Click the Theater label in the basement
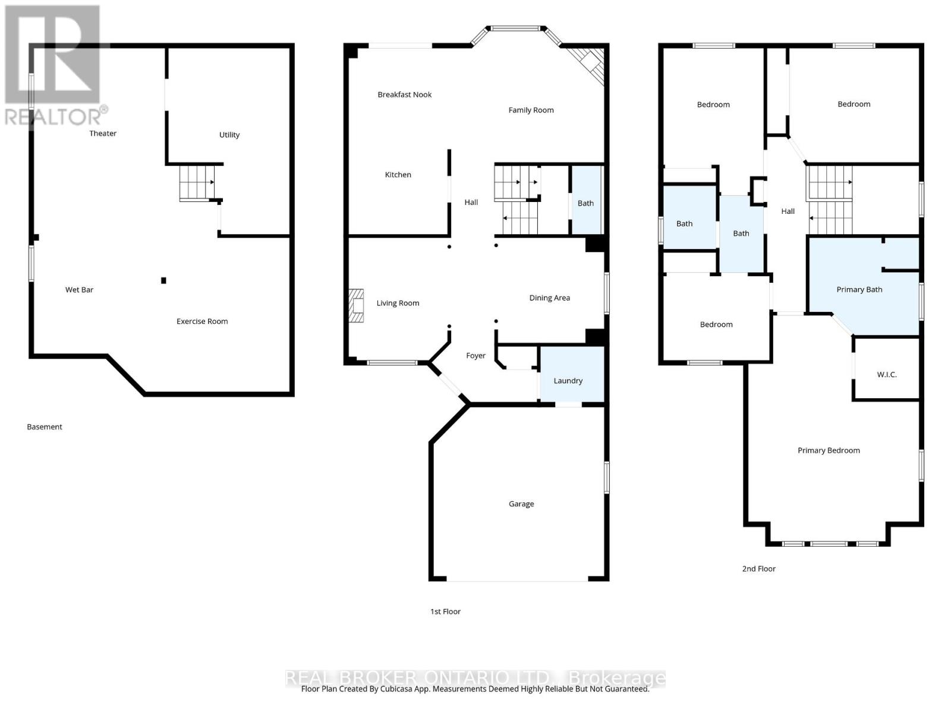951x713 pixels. click(103, 133)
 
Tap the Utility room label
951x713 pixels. click(229, 135)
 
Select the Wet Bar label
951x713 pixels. click(79, 289)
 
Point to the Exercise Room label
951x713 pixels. click(202, 321)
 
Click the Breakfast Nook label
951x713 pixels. click(405, 95)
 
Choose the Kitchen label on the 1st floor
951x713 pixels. click(398, 175)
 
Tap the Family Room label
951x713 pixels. click(531, 111)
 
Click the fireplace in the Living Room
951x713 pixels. click(357, 305)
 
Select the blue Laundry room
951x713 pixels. click(572, 374)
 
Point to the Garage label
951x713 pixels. click(521, 504)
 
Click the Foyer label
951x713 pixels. click(475, 356)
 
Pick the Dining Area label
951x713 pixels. click(550, 298)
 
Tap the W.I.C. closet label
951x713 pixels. click(887, 375)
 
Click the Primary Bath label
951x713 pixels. click(859, 289)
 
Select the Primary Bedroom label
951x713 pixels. click(829, 450)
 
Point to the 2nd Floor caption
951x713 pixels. click(758, 569)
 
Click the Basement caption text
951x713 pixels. click(45, 427)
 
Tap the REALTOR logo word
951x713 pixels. click(53, 117)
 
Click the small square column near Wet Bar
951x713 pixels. click(163, 280)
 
